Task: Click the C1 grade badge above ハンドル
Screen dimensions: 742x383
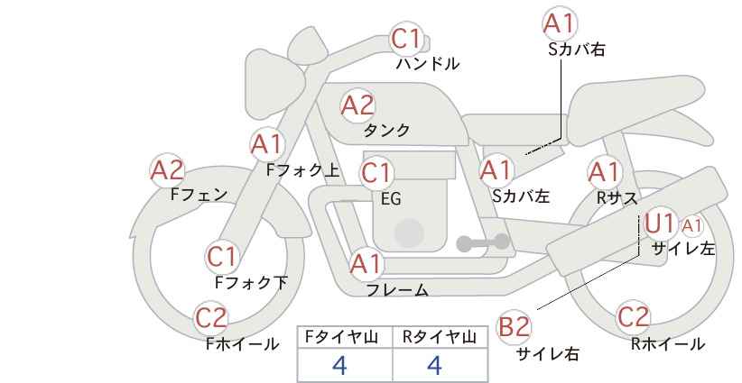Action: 406,39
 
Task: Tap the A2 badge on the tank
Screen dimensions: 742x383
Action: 357,105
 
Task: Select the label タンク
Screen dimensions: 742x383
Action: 386,131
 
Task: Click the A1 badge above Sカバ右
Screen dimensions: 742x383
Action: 560,23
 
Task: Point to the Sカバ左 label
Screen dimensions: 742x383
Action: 521,196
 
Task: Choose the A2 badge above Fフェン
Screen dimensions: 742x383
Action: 168,170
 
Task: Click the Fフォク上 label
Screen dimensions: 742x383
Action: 303,170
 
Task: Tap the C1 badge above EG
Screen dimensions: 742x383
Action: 376,173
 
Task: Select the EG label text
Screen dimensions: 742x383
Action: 391,199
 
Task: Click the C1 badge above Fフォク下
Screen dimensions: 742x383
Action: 222,258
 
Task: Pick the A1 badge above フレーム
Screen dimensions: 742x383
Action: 366,264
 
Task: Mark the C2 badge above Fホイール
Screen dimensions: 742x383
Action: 211,318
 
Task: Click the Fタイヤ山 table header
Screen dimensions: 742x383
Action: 341,337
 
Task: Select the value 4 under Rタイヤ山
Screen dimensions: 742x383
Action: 435,365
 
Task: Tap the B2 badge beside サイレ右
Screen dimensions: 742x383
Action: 514,327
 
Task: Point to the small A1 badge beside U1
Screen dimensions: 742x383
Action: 691,227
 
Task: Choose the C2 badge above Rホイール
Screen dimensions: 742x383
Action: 633,317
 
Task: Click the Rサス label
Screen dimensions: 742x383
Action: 617,198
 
